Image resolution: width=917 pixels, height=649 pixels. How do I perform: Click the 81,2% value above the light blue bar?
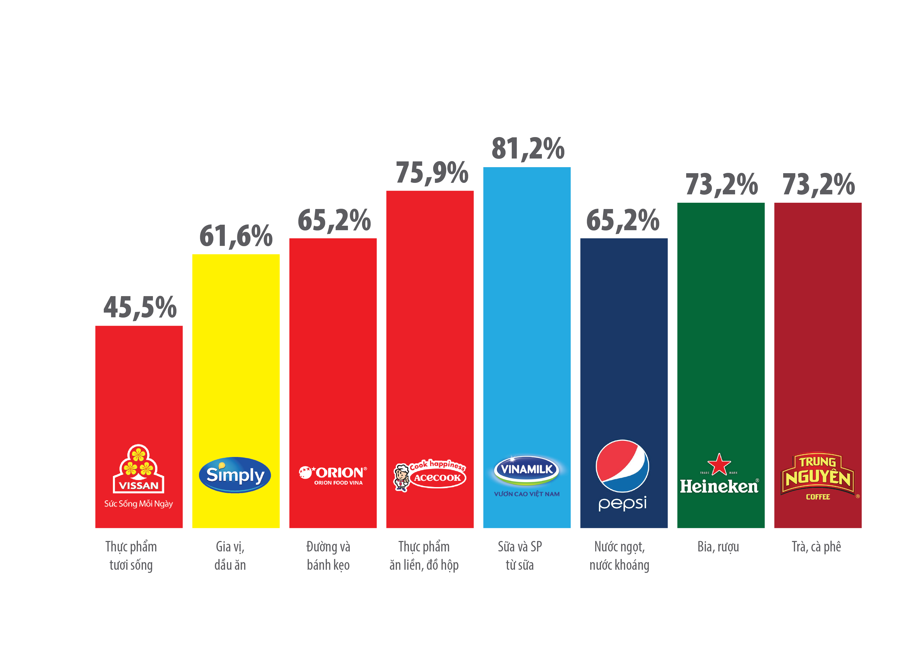(x=528, y=149)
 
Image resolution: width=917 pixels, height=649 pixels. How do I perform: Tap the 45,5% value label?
(x=140, y=307)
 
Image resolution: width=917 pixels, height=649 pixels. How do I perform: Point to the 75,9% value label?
(x=432, y=173)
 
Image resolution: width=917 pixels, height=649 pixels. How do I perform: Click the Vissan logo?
(x=139, y=469)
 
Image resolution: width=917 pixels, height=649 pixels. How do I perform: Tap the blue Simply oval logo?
(x=235, y=475)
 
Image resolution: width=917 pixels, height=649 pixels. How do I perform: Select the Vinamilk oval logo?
(x=527, y=470)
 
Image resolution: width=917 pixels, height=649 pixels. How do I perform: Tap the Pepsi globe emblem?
(x=622, y=466)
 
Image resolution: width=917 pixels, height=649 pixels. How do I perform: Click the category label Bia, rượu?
(x=718, y=547)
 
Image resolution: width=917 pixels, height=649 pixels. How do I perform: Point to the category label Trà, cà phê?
(x=816, y=547)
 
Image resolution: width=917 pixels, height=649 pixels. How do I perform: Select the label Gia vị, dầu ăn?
(x=230, y=556)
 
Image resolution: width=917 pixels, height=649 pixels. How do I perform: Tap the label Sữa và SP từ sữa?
(x=520, y=556)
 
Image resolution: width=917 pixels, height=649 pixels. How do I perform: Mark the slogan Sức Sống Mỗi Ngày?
(x=139, y=504)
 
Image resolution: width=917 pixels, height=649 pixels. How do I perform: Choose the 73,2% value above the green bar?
(x=721, y=185)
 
